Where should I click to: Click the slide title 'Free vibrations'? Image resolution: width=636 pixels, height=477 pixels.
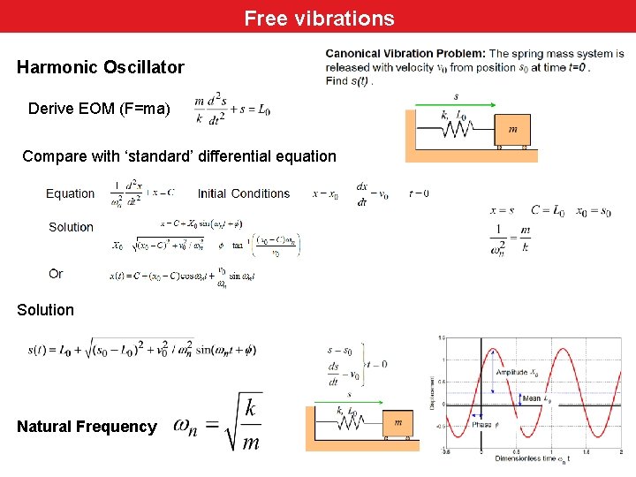point(319,18)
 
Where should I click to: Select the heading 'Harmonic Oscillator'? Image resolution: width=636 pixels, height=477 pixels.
point(101,67)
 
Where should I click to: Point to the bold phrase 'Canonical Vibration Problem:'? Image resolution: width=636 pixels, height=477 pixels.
point(405,54)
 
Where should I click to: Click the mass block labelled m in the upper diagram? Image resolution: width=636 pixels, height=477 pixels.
point(512,130)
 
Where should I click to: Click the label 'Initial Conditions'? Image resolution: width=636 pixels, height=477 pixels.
point(244,193)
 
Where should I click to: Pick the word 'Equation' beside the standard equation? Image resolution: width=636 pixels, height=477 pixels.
point(70,193)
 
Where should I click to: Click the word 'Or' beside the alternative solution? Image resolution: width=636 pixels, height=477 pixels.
point(56,274)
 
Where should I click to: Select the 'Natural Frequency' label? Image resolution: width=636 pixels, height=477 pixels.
point(87,427)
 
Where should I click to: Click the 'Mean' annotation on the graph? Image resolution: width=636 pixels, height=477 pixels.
point(532,398)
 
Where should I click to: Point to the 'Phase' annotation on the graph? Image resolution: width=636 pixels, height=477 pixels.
point(481,425)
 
